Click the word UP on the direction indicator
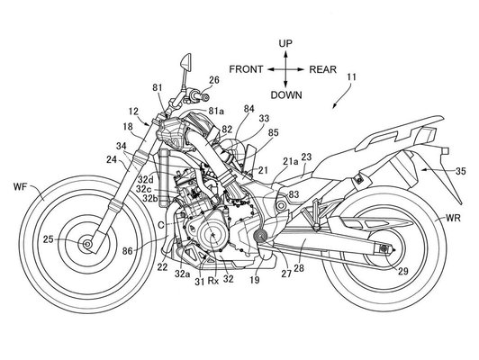tap(285, 44)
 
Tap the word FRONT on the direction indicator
tap(246, 69)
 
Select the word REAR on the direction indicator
tap(323, 69)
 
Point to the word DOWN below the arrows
tap(286, 95)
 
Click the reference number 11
tap(352, 76)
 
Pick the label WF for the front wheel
tap(21, 187)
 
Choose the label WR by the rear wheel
tap(453, 219)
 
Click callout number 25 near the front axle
tap(49, 239)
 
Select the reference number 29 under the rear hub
tap(402, 272)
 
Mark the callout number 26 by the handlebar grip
tap(214, 80)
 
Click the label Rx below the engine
tap(213, 281)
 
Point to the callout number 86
tap(128, 251)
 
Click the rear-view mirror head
tap(186, 62)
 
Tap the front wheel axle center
tap(87, 244)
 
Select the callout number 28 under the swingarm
tap(299, 268)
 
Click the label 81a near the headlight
tap(216, 112)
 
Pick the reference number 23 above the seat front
tap(306, 157)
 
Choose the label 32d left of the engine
tap(145, 179)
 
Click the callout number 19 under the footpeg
tap(254, 280)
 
